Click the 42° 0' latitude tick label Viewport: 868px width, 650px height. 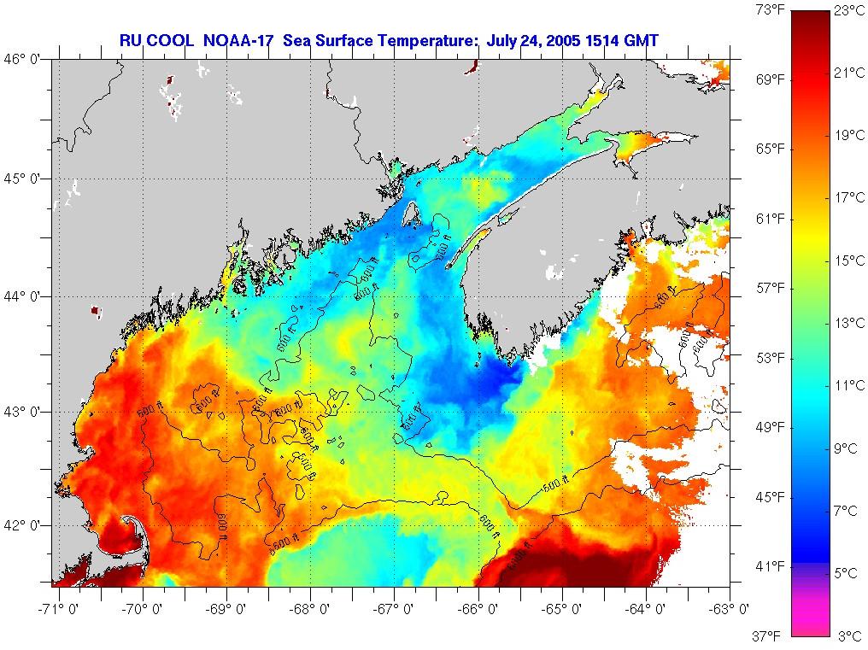pyautogui.click(x=26, y=524)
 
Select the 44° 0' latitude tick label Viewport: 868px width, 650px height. pyautogui.click(x=26, y=296)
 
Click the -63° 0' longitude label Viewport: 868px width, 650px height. pyautogui.click(x=730, y=609)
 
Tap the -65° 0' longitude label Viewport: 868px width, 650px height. pyautogui.click(x=564, y=609)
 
